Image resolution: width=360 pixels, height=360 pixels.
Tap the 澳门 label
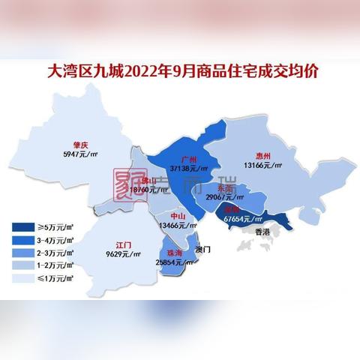203,247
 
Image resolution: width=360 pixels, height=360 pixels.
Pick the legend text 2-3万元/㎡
56,253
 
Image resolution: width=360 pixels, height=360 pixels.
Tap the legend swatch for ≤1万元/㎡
22,277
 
